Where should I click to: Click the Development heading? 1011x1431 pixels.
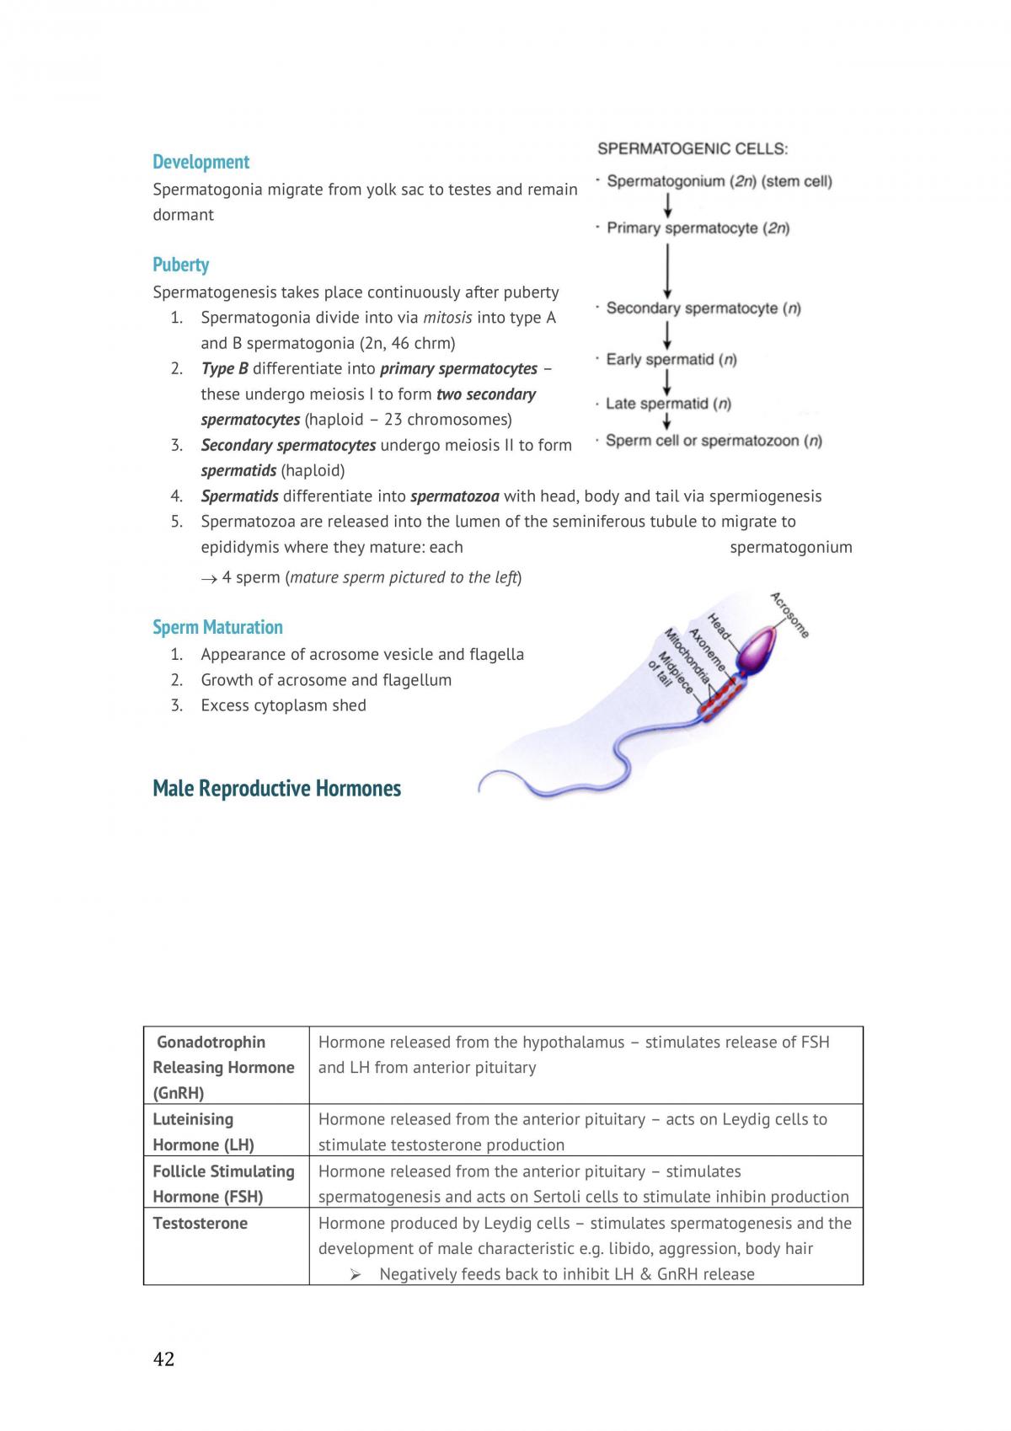[x=201, y=163]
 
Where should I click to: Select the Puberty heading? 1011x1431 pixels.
[x=181, y=265]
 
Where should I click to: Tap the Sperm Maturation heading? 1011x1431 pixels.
[x=217, y=627]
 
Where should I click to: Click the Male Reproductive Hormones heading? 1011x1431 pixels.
[x=276, y=788]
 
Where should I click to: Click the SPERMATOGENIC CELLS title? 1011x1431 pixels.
[x=693, y=149]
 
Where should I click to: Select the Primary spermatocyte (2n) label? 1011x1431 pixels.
[x=698, y=228]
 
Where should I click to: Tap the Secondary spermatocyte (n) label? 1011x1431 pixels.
[x=703, y=308]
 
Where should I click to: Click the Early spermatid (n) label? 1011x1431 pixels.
[x=671, y=360]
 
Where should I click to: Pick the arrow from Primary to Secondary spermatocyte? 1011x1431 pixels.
[x=667, y=271]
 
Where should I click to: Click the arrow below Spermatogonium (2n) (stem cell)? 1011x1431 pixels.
[x=667, y=205]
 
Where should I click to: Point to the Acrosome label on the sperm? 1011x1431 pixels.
[x=789, y=614]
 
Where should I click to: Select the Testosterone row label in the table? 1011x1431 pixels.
[x=200, y=1224]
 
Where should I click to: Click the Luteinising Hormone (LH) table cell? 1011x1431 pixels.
[x=227, y=1132]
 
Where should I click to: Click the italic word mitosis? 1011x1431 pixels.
[x=447, y=318]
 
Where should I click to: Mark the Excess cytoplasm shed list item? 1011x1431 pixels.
[x=284, y=705]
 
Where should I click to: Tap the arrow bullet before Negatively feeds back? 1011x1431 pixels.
[x=356, y=1274]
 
